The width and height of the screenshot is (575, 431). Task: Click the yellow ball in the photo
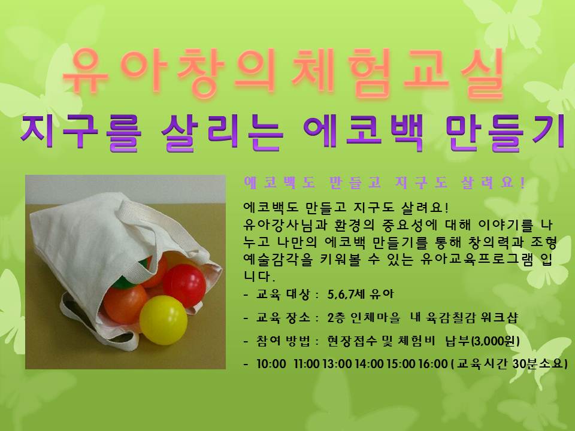tap(164, 320)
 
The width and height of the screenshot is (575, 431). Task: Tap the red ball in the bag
tap(184, 285)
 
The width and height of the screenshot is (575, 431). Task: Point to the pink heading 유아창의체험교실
tap(283, 72)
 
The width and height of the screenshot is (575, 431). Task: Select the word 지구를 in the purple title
tap(81, 133)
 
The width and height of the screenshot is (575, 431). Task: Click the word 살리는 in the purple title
tap(222, 133)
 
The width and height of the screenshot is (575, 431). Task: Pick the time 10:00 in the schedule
tap(271, 363)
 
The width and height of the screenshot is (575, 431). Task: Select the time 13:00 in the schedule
tap(337, 363)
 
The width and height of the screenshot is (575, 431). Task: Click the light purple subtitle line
tap(385, 182)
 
